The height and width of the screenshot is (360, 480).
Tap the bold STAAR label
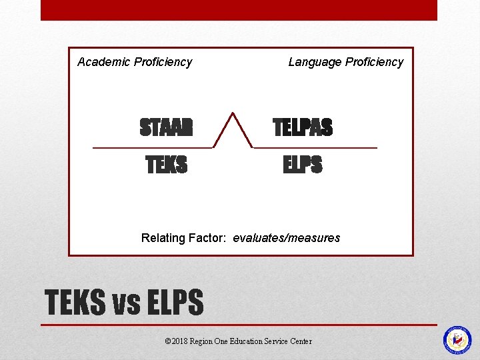pos(166,127)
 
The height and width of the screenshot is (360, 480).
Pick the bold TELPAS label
pos(303,127)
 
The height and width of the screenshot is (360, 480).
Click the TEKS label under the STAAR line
pos(167,165)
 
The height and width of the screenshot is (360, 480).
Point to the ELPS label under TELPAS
pos(302,165)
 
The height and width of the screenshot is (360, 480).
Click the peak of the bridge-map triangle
pos(232,113)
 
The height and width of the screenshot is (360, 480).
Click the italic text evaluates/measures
pos(287,238)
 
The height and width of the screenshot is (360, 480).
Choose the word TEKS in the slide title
pos(75,303)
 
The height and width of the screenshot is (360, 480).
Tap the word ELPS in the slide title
pos(173,303)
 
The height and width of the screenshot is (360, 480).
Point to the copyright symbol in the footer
pos(167,341)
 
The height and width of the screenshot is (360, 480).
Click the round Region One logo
pos(457,339)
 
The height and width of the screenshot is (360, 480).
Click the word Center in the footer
pos(301,341)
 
